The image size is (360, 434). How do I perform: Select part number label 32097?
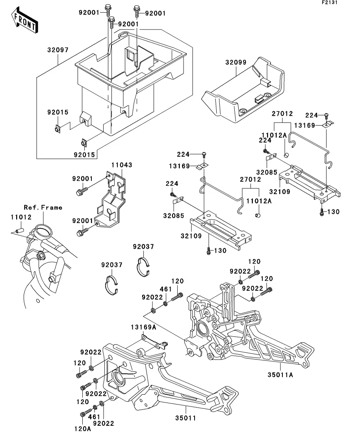58,50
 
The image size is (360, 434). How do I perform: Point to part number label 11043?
122,165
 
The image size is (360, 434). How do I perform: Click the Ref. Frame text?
43,207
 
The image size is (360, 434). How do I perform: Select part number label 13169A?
144,327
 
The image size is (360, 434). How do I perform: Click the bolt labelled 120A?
84,414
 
